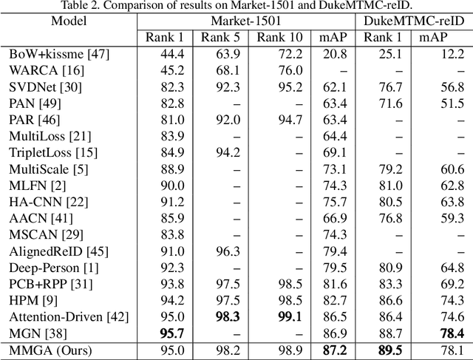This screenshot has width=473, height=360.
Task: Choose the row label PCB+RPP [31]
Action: [x=46, y=284]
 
